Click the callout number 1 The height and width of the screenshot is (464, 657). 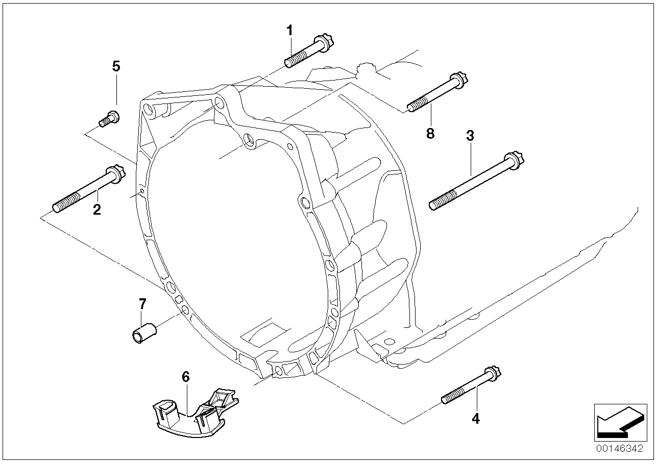point(290,31)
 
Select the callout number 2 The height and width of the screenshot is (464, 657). point(97,210)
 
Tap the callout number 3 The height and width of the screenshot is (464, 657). point(470,136)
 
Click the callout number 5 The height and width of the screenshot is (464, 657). point(116,66)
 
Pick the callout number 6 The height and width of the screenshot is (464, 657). point(186,377)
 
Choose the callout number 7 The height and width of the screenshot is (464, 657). point(142,304)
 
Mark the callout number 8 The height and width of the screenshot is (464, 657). point(430,134)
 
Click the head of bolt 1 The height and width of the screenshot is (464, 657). point(324,43)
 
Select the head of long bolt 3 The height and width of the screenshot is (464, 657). point(514,161)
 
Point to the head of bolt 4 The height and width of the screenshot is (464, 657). point(493,373)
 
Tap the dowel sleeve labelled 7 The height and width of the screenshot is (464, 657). point(144,333)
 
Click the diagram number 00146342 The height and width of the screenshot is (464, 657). point(620,449)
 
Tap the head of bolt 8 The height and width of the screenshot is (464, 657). point(458,80)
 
